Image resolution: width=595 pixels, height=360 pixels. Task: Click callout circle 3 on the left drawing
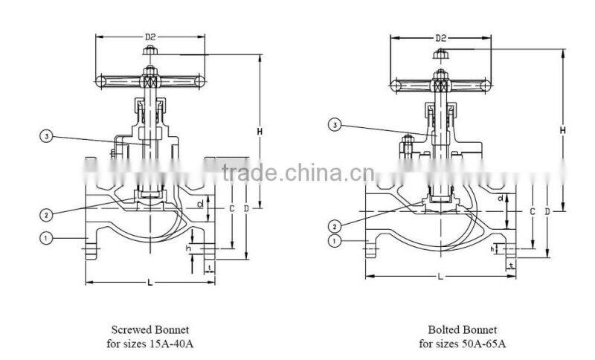[x=46, y=136]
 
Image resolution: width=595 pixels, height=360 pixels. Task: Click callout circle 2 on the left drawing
[x=46, y=215]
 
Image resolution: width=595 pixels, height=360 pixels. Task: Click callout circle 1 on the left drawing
[x=46, y=238]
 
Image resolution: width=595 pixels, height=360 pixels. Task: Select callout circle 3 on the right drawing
[x=335, y=126]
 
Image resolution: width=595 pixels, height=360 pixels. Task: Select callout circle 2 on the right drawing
[x=335, y=226]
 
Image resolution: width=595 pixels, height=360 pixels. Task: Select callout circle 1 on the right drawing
[x=335, y=240]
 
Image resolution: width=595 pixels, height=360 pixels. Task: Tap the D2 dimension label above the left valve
[x=151, y=36]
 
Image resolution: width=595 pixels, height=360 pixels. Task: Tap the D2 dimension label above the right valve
[x=440, y=36]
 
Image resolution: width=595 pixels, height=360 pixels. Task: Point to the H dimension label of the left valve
[x=260, y=132]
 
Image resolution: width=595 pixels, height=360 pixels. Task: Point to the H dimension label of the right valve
[x=563, y=129]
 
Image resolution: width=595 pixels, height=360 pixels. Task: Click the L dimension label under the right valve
[x=440, y=276]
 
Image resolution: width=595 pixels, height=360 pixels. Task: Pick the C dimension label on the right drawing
[x=533, y=212]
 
